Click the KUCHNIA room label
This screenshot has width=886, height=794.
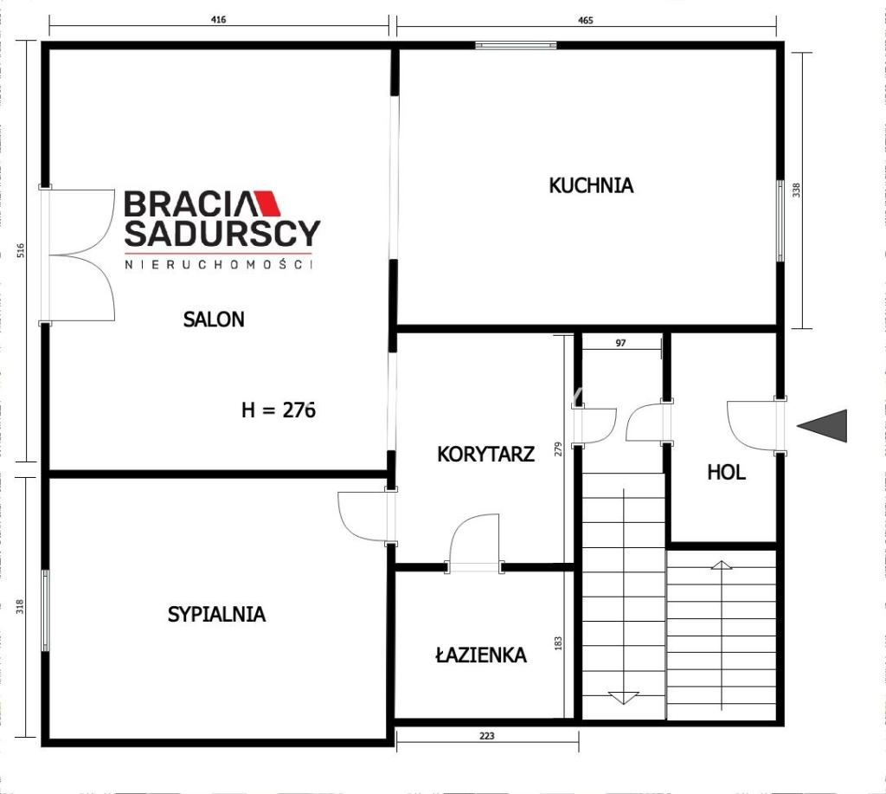(x=591, y=185)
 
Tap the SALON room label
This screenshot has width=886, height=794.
(x=214, y=320)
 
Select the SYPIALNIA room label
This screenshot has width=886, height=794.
(x=216, y=614)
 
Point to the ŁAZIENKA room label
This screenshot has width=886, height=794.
(x=481, y=655)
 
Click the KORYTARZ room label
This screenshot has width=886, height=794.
(x=486, y=454)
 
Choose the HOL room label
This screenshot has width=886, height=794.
(x=726, y=472)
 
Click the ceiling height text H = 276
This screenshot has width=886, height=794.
(x=278, y=410)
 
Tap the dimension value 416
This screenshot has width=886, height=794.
(x=218, y=20)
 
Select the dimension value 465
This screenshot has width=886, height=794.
(x=586, y=21)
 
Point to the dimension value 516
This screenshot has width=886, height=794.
(x=21, y=250)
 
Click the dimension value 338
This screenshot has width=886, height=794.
(x=797, y=190)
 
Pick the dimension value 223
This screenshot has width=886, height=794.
(x=486, y=736)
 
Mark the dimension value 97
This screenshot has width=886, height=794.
(x=620, y=343)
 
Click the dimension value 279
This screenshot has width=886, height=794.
(x=558, y=449)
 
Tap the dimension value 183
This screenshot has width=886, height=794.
(x=558, y=643)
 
